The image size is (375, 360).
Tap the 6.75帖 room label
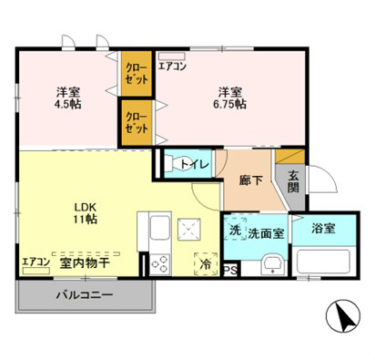[x=229, y=98]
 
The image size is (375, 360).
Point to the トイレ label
[x=194, y=164]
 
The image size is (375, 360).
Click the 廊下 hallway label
[x=251, y=180]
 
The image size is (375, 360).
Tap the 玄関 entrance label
[x=294, y=180]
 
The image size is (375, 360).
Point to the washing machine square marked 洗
[x=235, y=231]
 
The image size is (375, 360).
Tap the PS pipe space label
[x=231, y=271]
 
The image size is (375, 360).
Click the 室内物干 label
[x=85, y=262]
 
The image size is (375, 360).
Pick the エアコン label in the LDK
[x=36, y=262]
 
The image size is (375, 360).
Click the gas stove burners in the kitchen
[x=159, y=263]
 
